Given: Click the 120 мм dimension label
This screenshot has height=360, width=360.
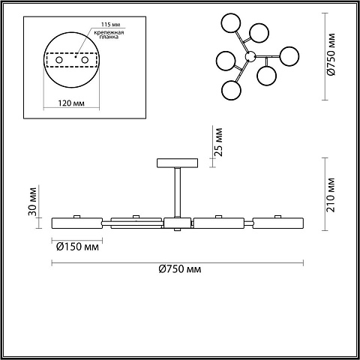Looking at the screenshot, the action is pyautogui.click(x=71, y=103).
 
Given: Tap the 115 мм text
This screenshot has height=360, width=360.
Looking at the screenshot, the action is pyautogui.click(x=110, y=25).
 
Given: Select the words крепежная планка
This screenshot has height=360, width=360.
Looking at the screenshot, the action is pyautogui.click(x=109, y=34).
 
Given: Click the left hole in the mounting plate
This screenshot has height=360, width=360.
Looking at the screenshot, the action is pyautogui.click(x=59, y=60).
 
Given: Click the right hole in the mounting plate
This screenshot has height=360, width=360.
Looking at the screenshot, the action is pyautogui.click(x=85, y=60).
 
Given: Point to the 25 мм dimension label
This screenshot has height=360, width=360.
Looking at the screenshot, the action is pyautogui.click(x=218, y=142).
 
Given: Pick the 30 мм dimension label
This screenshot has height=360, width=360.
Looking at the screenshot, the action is pyautogui.click(x=32, y=201).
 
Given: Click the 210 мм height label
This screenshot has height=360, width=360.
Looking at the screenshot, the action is pyautogui.click(x=331, y=195).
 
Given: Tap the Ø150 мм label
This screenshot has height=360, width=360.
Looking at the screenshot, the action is pyautogui.click(x=77, y=247).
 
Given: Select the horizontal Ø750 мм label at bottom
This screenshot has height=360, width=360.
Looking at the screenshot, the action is pyautogui.click(x=180, y=269).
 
